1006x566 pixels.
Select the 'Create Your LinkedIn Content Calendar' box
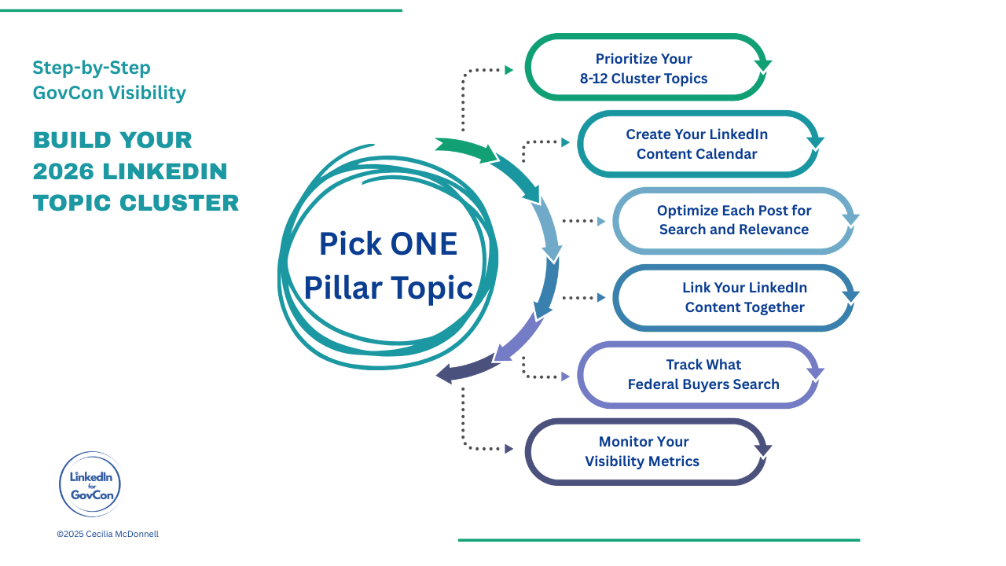coord(696,144)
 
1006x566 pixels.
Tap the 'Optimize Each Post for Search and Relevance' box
coord(733,220)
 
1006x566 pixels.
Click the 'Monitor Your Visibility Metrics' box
coord(643,451)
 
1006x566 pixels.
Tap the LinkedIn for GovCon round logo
coord(90,483)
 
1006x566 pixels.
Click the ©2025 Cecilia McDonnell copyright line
coord(108,534)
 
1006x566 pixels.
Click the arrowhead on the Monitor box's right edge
coord(762,450)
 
